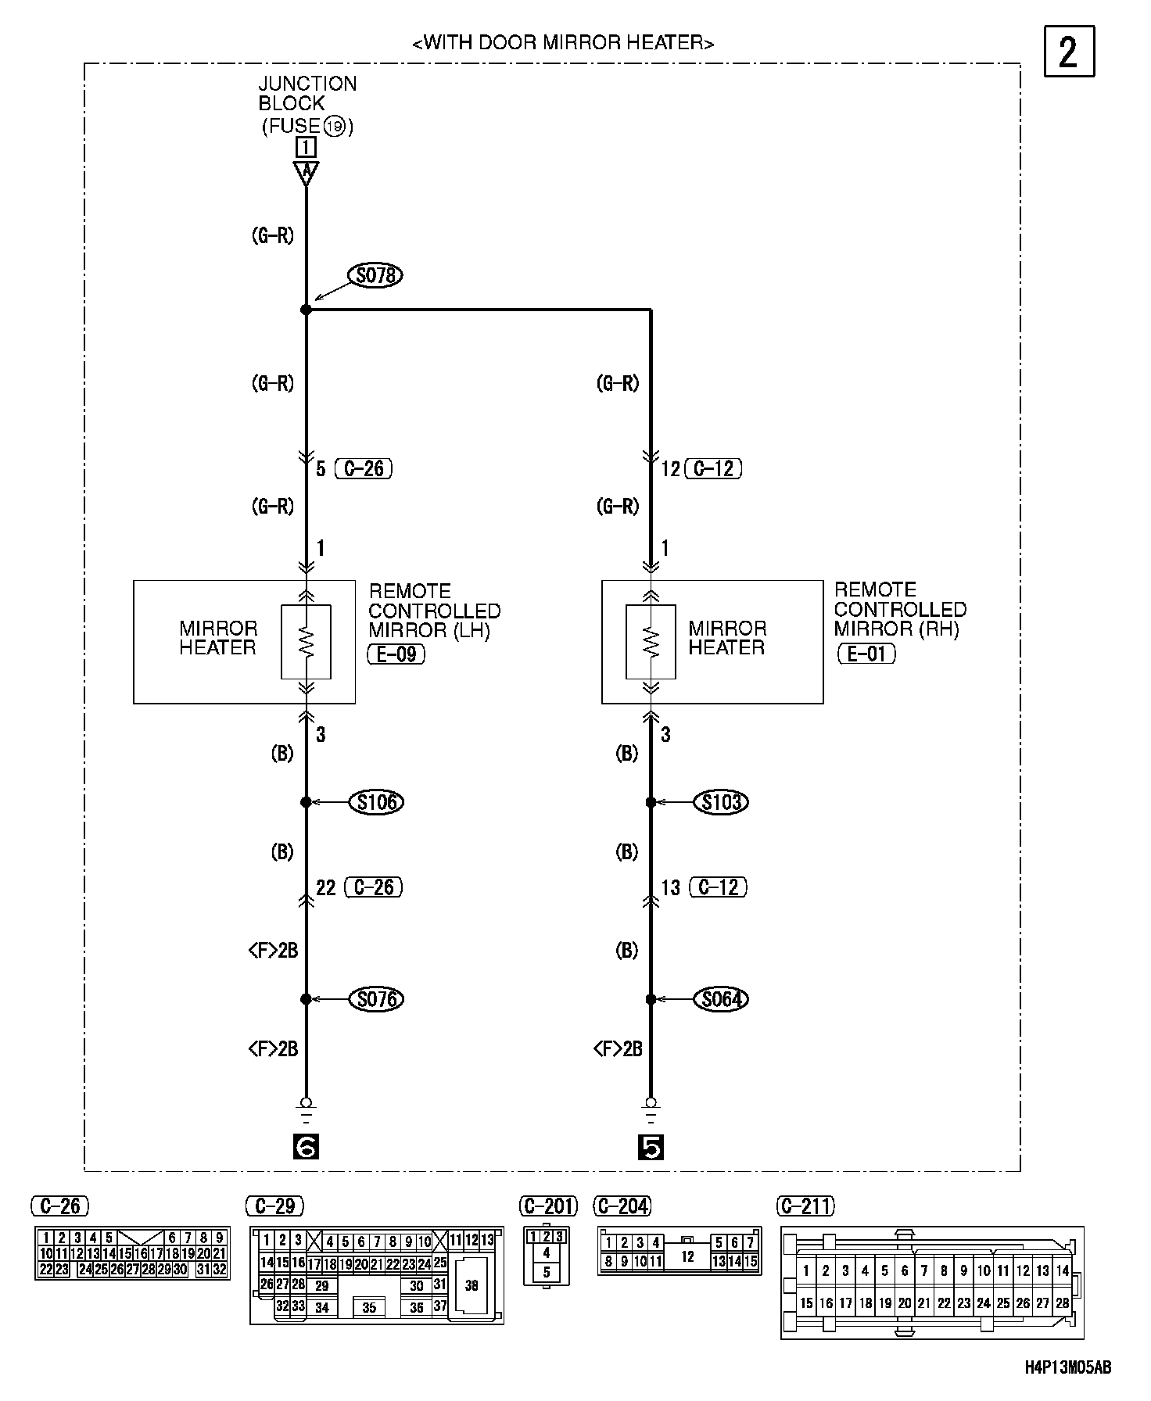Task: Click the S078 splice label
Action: tap(375, 275)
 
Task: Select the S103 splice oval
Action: tap(722, 802)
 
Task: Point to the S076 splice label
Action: tap(377, 999)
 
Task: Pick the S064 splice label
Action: tap(722, 999)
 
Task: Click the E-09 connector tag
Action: tap(396, 654)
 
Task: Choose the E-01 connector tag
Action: tap(866, 654)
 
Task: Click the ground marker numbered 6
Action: tap(306, 1148)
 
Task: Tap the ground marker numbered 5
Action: tap(651, 1148)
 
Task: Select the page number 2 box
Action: tap(1069, 52)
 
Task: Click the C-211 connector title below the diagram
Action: tap(806, 1206)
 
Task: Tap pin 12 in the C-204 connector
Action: tap(687, 1257)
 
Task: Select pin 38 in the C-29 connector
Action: tap(471, 1285)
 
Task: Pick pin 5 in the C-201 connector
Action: tap(546, 1272)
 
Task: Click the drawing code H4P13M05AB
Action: tap(1068, 1367)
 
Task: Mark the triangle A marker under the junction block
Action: tap(306, 171)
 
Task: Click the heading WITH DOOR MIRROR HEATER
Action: tap(563, 43)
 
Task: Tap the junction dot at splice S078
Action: tap(306, 310)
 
